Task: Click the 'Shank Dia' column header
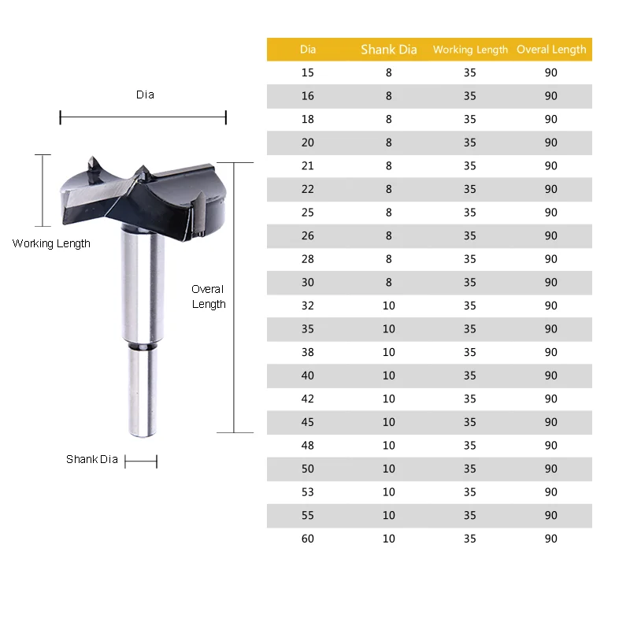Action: (x=388, y=50)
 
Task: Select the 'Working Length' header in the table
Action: (x=470, y=50)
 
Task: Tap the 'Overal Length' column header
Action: (x=551, y=50)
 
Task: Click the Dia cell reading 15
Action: (x=307, y=72)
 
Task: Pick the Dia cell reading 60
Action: (x=307, y=539)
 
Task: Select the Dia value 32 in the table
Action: (x=307, y=306)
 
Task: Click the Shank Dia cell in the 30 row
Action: (x=388, y=283)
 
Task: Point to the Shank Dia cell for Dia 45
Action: (x=388, y=422)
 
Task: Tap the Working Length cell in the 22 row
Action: (x=469, y=189)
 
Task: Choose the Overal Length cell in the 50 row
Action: (x=550, y=469)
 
